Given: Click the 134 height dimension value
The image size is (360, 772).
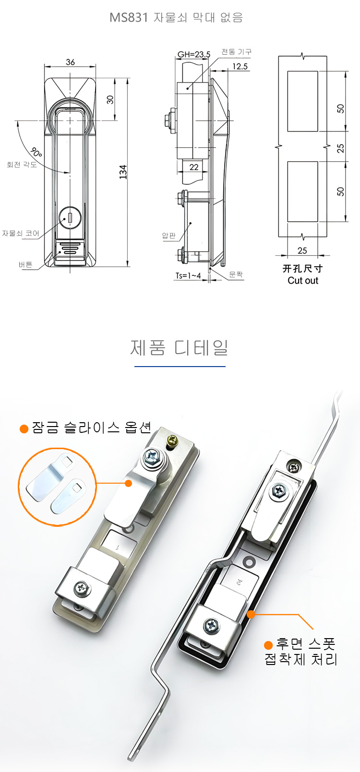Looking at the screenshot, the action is [123, 172].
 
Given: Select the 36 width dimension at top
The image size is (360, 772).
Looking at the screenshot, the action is [71, 62].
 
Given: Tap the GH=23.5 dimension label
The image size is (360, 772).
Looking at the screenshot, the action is [194, 54].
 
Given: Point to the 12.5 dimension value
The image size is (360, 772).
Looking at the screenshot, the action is [240, 66].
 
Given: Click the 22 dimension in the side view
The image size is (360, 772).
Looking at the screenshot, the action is [194, 167].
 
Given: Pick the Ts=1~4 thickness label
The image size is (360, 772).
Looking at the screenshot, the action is [188, 276].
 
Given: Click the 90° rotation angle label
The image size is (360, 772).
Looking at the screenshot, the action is [36, 152].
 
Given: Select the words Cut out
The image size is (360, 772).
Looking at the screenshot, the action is [303, 281].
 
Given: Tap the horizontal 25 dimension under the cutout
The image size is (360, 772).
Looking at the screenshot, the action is [302, 250].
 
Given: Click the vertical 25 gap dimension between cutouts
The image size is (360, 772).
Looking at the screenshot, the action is [340, 148].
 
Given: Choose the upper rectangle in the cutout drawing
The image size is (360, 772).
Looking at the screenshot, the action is [303, 101].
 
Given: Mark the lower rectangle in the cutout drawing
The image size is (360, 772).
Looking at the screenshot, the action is [303, 191].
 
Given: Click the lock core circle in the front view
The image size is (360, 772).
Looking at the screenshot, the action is [70, 218].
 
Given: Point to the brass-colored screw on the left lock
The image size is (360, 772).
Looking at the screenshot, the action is [172, 440].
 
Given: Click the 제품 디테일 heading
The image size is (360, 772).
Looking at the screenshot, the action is [179, 347].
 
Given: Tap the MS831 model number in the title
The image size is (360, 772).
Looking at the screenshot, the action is [128, 17].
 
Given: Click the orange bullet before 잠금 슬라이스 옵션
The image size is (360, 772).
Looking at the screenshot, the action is [24, 429].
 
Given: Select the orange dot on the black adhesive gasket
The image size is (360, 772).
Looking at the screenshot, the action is [251, 614].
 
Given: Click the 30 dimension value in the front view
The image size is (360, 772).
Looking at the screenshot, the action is [110, 100].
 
